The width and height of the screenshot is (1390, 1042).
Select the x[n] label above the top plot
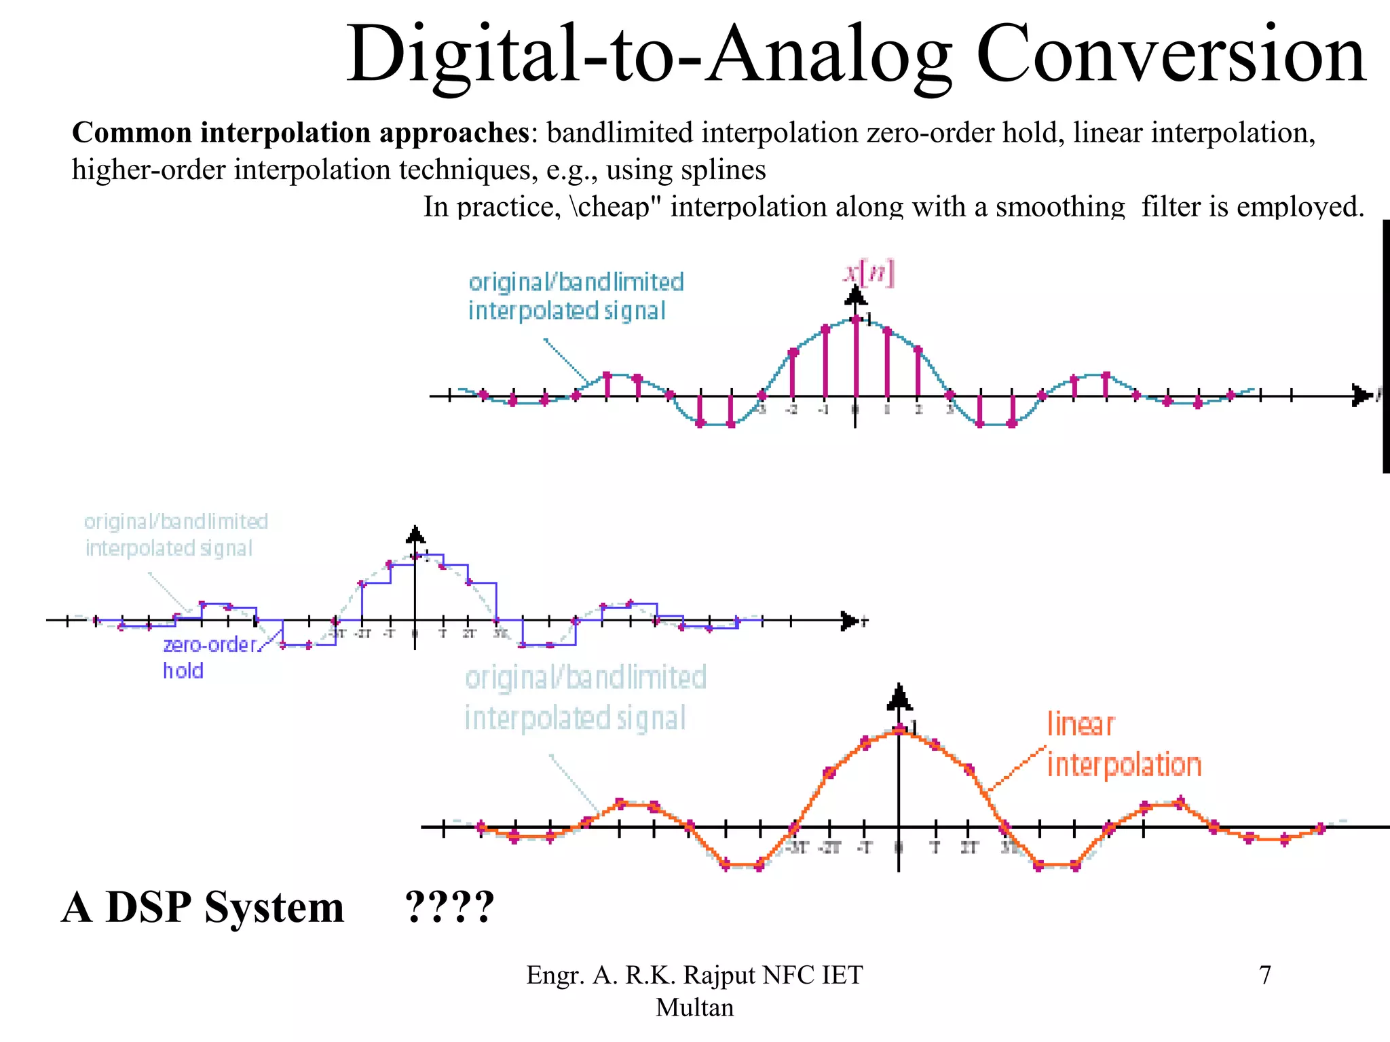869,273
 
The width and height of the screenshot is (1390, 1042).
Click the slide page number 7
1265,975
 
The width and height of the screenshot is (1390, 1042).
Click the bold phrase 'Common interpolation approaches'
301,132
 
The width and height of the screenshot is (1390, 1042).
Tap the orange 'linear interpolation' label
1123,745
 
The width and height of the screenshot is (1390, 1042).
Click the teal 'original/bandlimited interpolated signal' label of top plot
576,296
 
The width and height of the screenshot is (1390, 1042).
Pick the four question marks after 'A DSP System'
449,908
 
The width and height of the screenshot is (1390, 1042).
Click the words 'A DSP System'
203,908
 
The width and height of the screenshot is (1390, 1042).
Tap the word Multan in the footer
694,1007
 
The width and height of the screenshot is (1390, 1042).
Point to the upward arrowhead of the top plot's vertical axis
855,296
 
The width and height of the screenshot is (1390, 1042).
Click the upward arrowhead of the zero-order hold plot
415,535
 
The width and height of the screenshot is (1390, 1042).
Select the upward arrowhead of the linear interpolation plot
899,697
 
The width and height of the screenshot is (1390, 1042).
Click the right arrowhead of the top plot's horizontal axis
1361,395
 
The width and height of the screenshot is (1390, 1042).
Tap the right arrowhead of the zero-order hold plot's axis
849,620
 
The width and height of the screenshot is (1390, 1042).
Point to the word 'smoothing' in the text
1059,207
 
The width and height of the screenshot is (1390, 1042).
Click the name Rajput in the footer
718,975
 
